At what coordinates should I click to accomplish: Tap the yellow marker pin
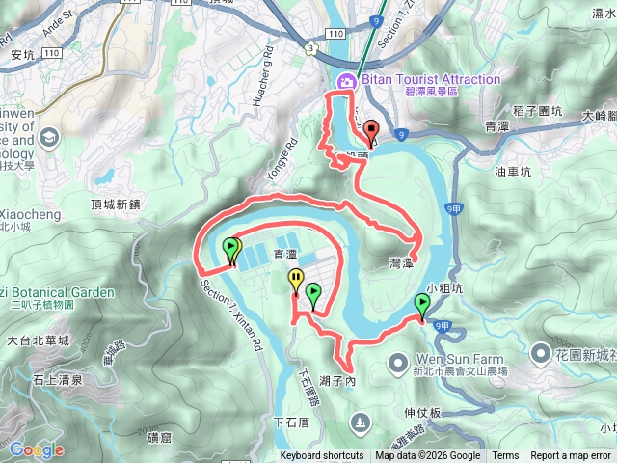[295, 281]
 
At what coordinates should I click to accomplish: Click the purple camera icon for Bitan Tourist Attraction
[345, 81]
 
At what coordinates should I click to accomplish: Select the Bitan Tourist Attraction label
[430, 79]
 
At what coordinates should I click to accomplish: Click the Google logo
[37, 449]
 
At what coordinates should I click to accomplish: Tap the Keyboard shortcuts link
[322, 456]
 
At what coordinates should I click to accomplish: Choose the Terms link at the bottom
[505, 456]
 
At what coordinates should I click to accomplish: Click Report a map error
[572, 456]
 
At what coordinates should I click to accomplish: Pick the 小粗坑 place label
[444, 287]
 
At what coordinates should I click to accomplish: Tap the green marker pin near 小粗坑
[422, 307]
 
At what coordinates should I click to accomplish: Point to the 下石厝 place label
[291, 421]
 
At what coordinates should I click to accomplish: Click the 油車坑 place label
[513, 172]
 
